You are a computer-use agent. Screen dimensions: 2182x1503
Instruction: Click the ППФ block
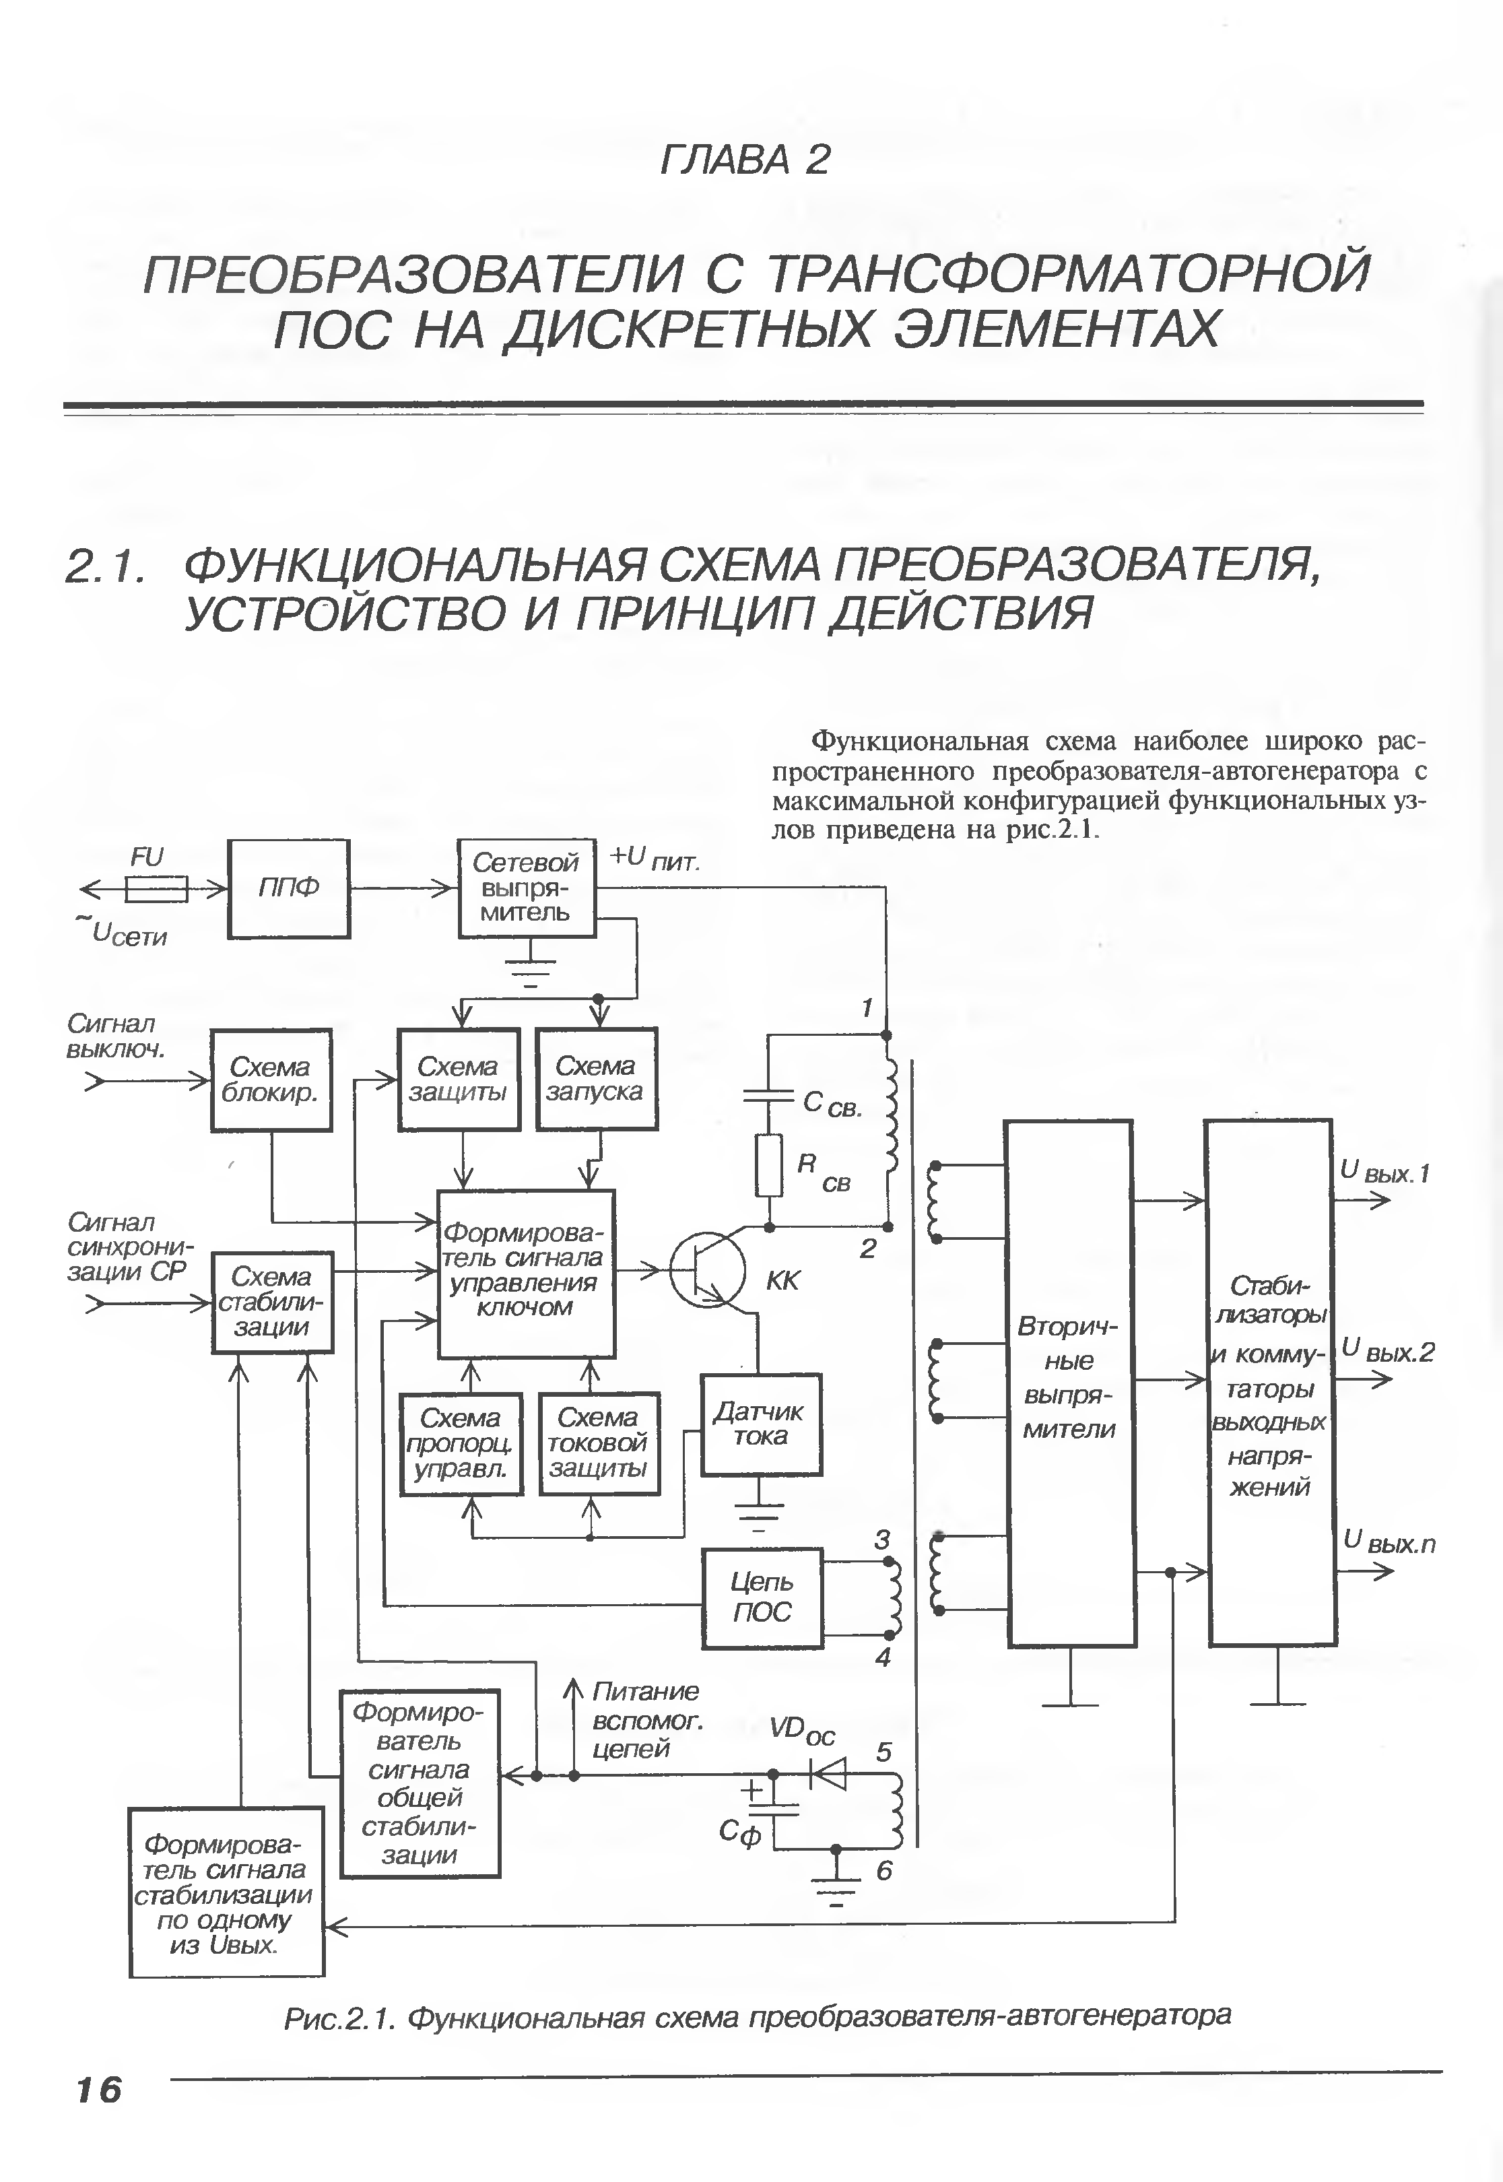click(288, 888)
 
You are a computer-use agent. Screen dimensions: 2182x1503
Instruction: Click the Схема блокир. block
click(271, 1080)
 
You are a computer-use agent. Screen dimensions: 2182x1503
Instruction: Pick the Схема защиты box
click(459, 1080)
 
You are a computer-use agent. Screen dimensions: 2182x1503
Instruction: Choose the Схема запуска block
click(596, 1080)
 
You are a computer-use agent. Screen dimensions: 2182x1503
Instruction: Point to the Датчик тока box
click(761, 1424)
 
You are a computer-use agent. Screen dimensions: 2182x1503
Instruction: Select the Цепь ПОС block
click(762, 1598)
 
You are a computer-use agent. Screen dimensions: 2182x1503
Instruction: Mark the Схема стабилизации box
click(272, 1302)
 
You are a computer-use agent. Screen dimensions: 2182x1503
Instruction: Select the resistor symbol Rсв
click(770, 1165)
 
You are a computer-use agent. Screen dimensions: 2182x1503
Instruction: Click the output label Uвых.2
click(1387, 1352)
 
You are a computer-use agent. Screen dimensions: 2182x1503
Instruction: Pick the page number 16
click(99, 2090)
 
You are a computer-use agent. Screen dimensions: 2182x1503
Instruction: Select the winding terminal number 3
click(881, 1540)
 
